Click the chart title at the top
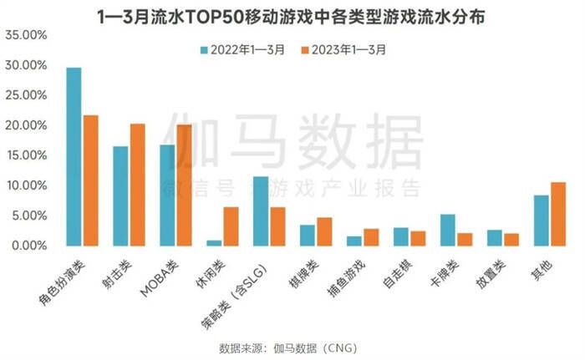pyautogui.click(x=292, y=15)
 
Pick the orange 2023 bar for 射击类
pyautogui.click(x=137, y=185)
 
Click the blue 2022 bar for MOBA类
pyautogui.click(x=167, y=195)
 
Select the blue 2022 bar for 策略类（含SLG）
pyautogui.click(x=261, y=210)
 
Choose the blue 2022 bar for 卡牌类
pyautogui.click(x=448, y=230)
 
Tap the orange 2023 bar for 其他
pyautogui.click(x=557, y=214)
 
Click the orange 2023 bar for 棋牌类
pyautogui.click(x=324, y=231)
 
